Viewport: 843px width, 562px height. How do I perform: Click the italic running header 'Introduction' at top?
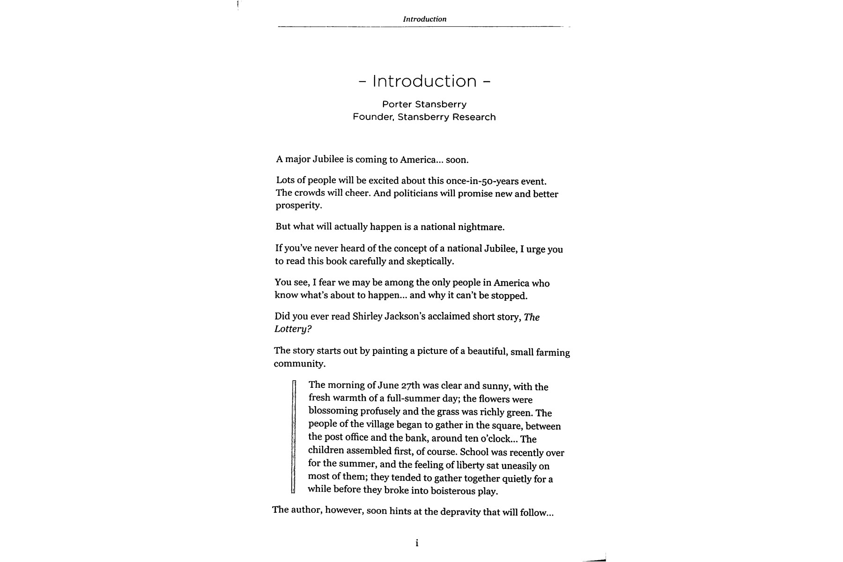424,19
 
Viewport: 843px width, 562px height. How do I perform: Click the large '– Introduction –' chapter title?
424,81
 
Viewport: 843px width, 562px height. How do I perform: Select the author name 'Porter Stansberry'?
424,104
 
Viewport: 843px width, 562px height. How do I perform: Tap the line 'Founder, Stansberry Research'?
424,117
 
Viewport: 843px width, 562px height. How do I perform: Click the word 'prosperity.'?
299,206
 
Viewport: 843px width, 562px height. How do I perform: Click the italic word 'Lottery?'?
293,329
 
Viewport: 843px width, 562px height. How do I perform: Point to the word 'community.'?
299,364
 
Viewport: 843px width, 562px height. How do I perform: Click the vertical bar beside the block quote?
294,437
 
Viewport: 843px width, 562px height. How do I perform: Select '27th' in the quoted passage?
411,386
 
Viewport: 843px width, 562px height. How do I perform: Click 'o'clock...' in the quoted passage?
500,439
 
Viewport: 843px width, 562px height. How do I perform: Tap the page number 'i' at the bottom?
417,543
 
